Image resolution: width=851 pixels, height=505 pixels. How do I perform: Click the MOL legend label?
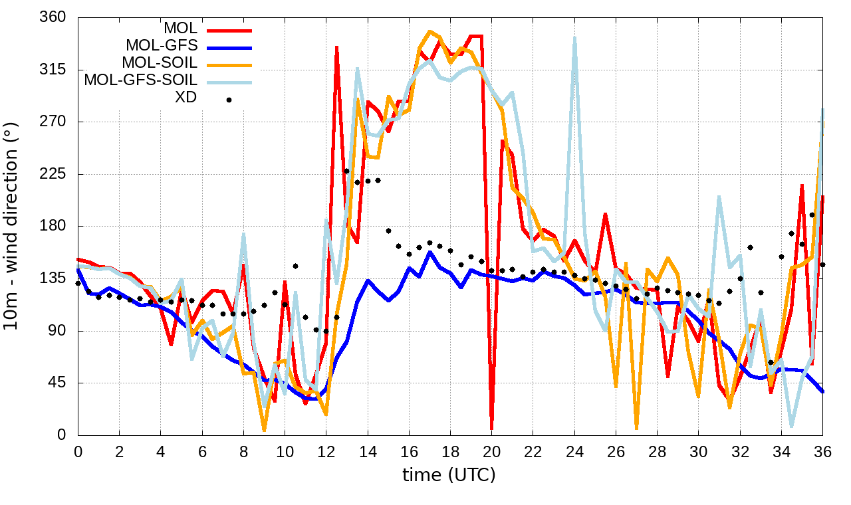point(180,29)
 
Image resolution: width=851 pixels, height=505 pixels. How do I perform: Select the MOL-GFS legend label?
point(161,46)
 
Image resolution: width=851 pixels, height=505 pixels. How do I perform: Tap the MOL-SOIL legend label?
point(160,63)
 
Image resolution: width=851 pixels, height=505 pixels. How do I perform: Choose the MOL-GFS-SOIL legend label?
point(140,80)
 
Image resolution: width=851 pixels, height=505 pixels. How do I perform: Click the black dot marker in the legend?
point(229,100)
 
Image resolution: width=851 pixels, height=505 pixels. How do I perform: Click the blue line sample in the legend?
point(229,48)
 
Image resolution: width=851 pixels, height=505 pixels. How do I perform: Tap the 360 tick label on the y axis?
point(53,17)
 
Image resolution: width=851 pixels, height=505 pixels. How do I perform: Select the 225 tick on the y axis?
point(53,174)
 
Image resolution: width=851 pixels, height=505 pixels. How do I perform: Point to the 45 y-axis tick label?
point(57,383)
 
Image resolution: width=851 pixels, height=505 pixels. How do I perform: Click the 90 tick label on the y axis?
point(57,331)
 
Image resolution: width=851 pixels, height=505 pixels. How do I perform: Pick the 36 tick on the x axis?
point(823,451)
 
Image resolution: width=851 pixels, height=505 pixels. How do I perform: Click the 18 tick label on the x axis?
point(451,451)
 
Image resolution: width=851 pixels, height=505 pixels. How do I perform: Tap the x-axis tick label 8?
point(243,451)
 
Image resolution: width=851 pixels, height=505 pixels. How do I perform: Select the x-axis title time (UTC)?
point(449,475)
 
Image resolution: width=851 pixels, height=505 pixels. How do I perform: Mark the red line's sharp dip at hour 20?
point(491,429)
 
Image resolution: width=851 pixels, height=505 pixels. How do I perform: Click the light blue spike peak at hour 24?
point(574,38)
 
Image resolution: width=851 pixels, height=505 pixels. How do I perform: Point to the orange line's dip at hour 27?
point(636,427)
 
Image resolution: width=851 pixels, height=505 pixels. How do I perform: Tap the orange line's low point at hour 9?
point(264,429)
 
